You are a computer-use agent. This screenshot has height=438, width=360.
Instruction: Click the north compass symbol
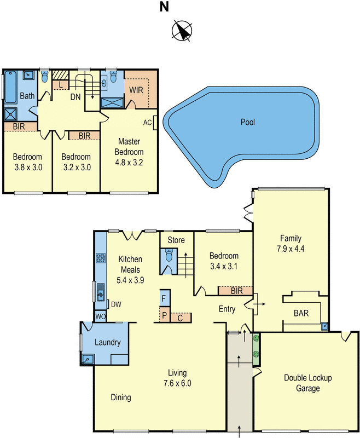click(182, 31)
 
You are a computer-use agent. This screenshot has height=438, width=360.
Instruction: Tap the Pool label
click(248, 122)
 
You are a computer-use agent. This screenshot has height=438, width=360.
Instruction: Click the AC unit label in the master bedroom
click(147, 122)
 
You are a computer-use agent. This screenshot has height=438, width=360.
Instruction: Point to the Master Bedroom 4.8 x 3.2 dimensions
click(129, 162)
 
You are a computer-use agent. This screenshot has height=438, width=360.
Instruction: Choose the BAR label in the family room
click(301, 314)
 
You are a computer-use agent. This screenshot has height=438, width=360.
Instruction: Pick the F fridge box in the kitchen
click(164, 298)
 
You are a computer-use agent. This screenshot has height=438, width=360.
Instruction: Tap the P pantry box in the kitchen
click(164, 316)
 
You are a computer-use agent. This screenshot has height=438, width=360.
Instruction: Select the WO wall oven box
click(100, 316)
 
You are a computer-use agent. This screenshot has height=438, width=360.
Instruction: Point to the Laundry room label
click(107, 343)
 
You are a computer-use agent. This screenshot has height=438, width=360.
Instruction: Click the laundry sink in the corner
click(87, 359)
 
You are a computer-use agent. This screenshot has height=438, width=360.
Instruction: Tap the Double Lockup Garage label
click(307, 383)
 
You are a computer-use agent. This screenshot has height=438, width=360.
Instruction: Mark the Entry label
click(227, 309)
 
